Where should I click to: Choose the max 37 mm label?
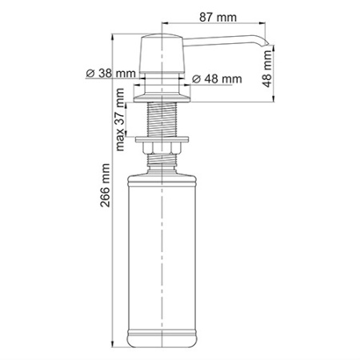pyautogui.click(x=121, y=120)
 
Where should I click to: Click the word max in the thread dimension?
pyautogui.click(x=121, y=138)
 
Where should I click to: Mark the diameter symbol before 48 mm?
pyautogui.click(x=197, y=79)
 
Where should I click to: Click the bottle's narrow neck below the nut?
pyautogui.click(x=163, y=161)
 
